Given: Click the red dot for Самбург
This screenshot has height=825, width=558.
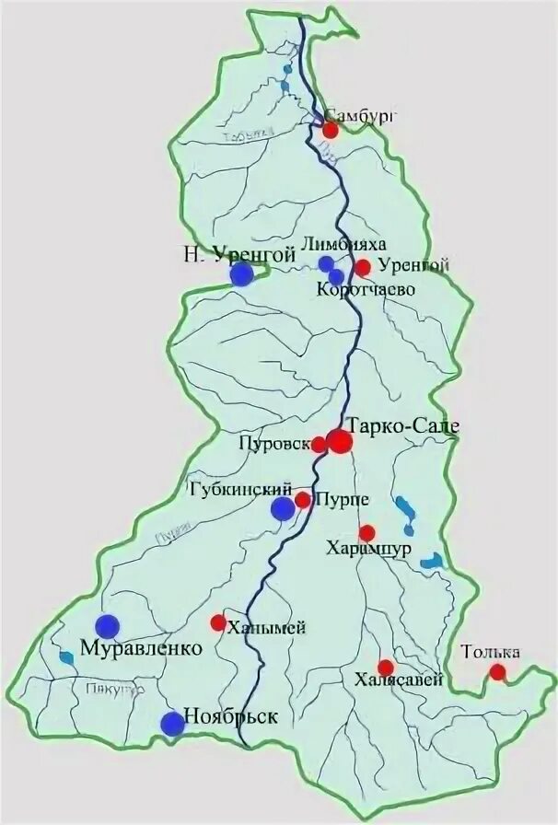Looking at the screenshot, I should (x=331, y=130).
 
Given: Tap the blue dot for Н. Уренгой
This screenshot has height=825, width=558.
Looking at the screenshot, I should (x=241, y=273).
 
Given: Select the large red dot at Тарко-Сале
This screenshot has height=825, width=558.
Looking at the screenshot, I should (x=340, y=442).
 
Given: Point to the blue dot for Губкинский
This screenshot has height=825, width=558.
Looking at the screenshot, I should (x=283, y=508).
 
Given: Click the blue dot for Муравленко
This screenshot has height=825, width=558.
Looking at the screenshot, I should (x=110, y=625).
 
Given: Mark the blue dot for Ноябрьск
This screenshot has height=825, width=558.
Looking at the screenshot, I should (x=172, y=724).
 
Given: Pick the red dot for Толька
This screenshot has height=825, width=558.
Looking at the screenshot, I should (x=497, y=672).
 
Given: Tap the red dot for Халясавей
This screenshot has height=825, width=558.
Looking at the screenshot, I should (x=386, y=668).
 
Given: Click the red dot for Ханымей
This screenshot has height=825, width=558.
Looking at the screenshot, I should (x=218, y=623).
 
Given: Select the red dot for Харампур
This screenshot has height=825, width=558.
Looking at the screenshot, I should (x=367, y=532).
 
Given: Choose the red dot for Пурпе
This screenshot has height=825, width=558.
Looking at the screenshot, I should (x=302, y=500).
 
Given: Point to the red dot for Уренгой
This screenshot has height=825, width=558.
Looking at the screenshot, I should (x=363, y=268).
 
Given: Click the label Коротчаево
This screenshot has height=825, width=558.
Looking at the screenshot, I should (x=365, y=290).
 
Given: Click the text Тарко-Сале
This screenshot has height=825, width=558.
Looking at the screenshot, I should (x=403, y=425).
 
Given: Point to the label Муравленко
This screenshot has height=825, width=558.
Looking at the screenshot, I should (x=141, y=648).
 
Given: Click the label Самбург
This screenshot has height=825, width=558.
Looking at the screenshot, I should (x=362, y=116).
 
